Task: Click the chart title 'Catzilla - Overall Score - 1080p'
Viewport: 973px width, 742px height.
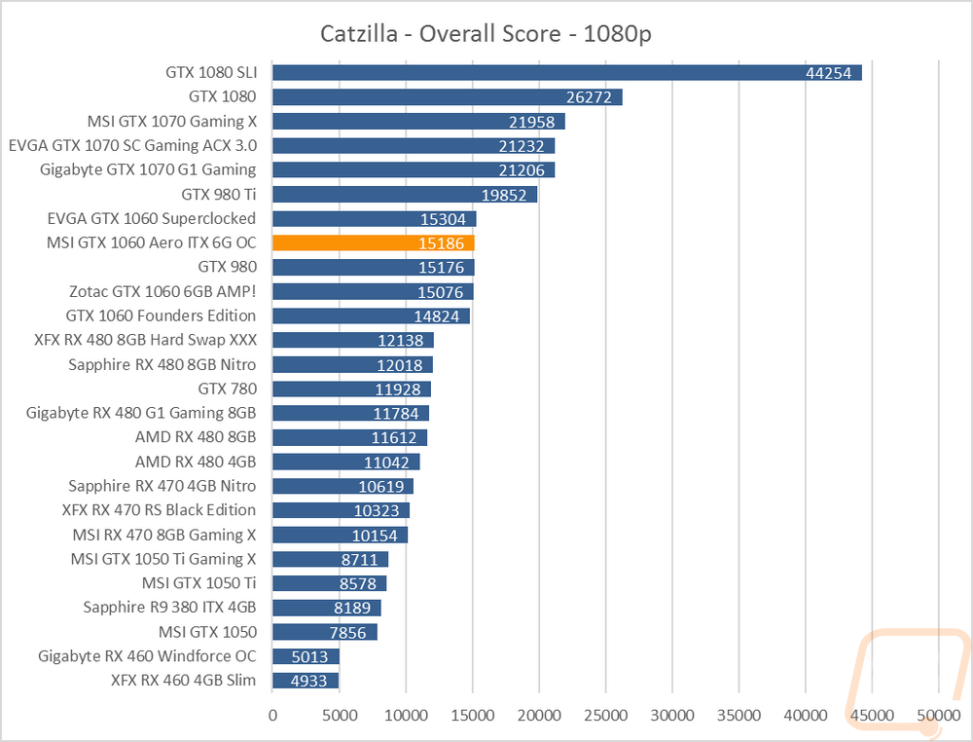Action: pyautogui.click(x=486, y=33)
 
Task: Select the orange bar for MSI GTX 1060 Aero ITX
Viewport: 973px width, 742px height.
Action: pyautogui.click(x=374, y=242)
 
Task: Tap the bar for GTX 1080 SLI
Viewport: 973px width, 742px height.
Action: pyautogui.click(x=567, y=73)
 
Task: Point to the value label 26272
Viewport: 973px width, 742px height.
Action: pyautogui.click(x=589, y=97)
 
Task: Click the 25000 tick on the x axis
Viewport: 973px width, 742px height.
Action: pyautogui.click(x=605, y=716)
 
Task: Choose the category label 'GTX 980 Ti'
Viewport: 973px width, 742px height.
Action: pyautogui.click(x=219, y=195)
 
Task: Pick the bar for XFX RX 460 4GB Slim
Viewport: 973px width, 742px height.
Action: pyautogui.click(x=306, y=681)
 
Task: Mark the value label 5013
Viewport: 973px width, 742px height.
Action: pyautogui.click(x=309, y=657)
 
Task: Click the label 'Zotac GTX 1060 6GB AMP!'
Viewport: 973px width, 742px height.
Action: pyautogui.click(x=162, y=291)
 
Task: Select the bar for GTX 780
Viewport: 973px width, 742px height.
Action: pyautogui.click(x=352, y=389)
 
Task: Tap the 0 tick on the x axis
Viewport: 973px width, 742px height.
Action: pyautogui.click(x=273, y=716)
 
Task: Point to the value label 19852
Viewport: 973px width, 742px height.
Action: pyautogui.click(x=504, y=195)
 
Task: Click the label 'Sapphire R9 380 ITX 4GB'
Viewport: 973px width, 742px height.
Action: pyautogui.click(x=169, y=608)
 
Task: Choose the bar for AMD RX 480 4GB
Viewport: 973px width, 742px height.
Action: pyautogui.click(x=346, y=462)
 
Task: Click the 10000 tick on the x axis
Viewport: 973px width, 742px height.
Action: pyautogui.click(x=406, y=716)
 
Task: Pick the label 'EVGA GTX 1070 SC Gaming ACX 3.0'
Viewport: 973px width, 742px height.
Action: pyautogui.click(x=132, y=146)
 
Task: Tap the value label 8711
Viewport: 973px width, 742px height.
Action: pyautogui.click(x=359, y=560)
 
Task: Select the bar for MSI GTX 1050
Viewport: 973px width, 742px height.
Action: pyautogui.click(x=325, y=632)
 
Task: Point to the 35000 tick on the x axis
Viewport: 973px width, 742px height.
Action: pyautogui.click(x=739, y=716)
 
